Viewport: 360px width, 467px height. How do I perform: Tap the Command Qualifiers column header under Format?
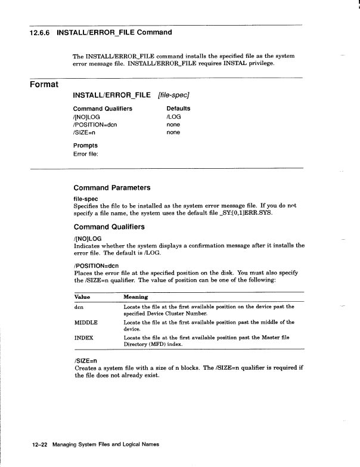[103, 109]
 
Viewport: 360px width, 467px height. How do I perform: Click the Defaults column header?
[178, 109]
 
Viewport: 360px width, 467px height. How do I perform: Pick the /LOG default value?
[173, 117]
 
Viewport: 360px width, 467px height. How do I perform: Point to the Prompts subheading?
[85, 146]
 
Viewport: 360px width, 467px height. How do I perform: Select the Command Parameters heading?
[111, 187]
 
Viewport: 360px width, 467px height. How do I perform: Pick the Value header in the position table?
[82, 296]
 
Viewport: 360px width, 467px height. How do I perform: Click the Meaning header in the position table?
[136, 296]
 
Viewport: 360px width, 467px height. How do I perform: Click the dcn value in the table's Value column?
[78, 307]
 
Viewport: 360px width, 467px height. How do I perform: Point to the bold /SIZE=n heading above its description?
[86, 361]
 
